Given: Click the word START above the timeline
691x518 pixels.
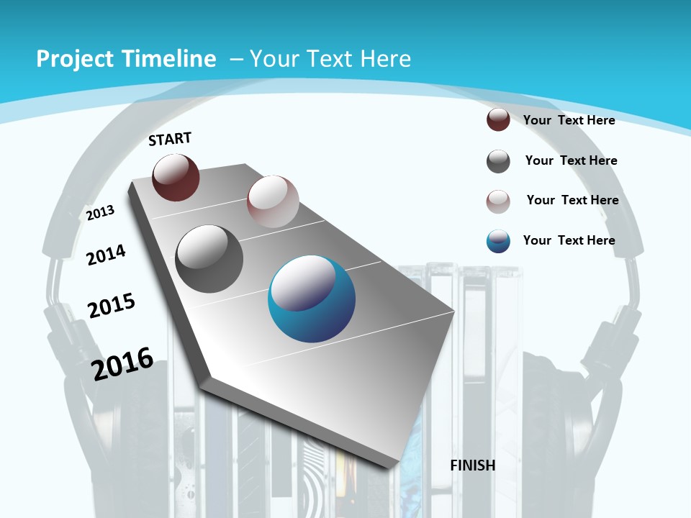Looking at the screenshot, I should click(170, 138).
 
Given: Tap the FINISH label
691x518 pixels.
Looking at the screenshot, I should click(473, 465).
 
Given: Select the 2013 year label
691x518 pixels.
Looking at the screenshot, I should click(101, 212).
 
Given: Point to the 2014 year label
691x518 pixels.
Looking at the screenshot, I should click(106, 255).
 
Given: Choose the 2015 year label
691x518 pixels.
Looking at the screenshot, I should click(112, 306).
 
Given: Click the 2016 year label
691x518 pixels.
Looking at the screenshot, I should click(122, 363).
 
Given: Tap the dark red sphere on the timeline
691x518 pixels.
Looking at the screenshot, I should click(176, 177).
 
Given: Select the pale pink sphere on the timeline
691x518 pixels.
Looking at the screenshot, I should click(273, 201).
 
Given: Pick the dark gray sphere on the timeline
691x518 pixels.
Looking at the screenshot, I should click(209, 258).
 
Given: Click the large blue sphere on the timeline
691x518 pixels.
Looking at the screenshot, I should click(311, 299).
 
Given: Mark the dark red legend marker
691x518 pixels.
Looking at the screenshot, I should click(498, 119).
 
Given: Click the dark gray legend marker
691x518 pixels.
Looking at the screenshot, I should click(498, 161).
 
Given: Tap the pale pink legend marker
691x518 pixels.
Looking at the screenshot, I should click(498, 201).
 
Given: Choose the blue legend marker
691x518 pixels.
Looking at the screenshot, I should click(498, 241).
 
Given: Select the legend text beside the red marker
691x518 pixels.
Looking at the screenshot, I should click(569, 120).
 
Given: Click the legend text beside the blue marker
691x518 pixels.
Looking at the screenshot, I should click(569, 240).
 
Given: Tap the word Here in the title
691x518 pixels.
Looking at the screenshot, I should click(386, 59).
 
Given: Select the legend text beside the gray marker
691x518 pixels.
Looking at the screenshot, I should click(571, 160).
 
